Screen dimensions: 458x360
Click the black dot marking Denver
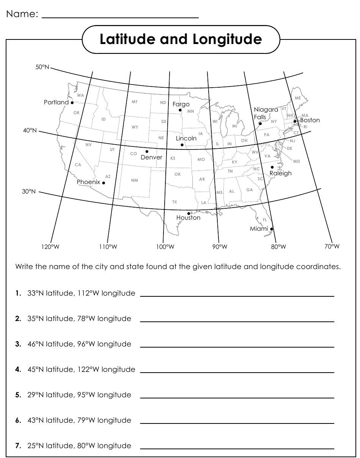click(147, 151)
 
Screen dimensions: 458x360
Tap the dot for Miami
click(272, 229)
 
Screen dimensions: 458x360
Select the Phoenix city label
click(88, 182)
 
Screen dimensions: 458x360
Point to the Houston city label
click(188, 218)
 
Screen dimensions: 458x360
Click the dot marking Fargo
click(180, 110)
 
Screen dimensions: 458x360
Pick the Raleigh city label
click(280, 173)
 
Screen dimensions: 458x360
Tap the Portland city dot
click(72, 102)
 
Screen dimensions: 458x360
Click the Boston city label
click(310, 120)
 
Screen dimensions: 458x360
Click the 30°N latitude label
click(29, 192)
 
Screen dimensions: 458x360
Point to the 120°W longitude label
click(50, 247)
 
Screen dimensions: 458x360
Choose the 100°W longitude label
click(165, 247)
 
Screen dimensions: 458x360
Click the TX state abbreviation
click(174, 202)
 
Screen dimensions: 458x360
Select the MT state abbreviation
click(135, 102)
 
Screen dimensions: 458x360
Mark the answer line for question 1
click(237, 296)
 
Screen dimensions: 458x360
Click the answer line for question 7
click(237, 449)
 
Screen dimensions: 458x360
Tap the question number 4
click(18, 369)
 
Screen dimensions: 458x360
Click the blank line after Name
click(120, 17)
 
